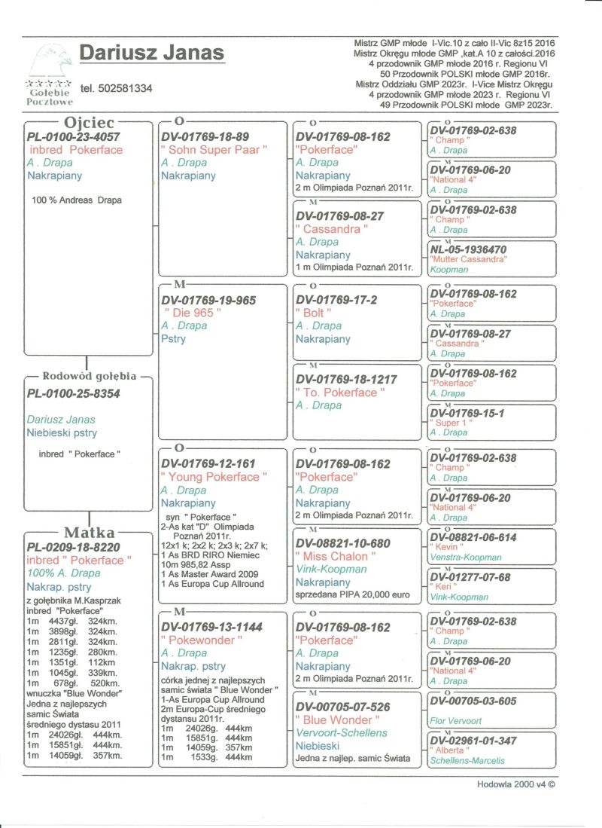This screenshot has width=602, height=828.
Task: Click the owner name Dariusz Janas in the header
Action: click(151, 53)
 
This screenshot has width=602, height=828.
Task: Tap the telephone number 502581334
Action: click(116, 88)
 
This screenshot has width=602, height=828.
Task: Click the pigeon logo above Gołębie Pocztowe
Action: click(50, 60)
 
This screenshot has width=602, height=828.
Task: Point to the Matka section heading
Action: click(89, 534)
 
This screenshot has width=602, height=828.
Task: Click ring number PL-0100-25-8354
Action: click(73, 393)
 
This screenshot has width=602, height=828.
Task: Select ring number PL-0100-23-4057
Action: click(73, 137)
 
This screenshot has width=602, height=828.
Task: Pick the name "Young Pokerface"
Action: click(214, 477)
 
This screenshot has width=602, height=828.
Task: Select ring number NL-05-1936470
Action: click(467, 249)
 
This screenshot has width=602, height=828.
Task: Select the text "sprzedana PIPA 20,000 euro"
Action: click(353, 594)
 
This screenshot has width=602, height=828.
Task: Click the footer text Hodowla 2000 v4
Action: click(515, 784)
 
